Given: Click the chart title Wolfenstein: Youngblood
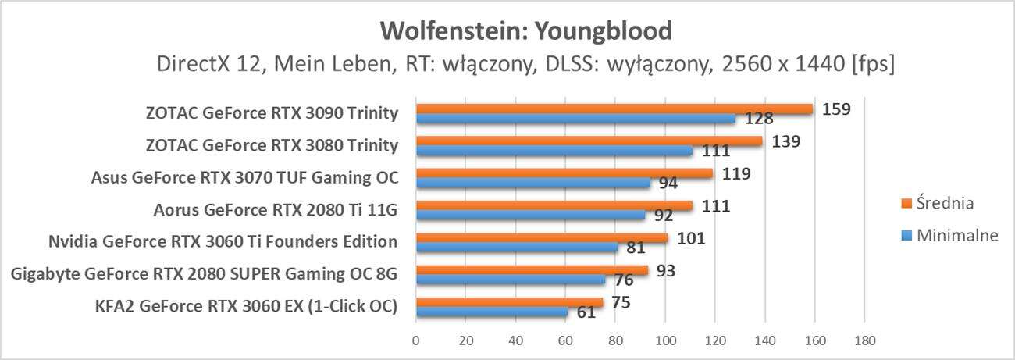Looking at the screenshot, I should click(x=526, y=30).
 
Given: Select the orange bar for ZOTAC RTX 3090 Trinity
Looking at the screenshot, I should click(x=614, y=109).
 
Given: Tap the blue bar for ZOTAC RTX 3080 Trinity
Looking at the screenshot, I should click(x=554, y=151).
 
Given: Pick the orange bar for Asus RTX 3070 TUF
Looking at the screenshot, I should click(x=564, y=173).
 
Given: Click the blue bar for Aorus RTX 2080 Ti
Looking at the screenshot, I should click(x=530, y=215).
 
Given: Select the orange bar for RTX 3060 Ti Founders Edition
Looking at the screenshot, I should click(x=541, y=237).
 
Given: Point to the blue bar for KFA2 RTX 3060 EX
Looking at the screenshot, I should click(x=492, y=312).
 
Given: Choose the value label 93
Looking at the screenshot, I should click(x=665, y=271).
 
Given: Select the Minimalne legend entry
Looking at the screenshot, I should click(x=952, y=236).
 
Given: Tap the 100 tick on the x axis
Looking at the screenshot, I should click(x=665, y=340).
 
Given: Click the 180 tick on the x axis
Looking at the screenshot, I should click(x=864, y=340).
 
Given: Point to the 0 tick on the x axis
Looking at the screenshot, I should click(x=416, y=340).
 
